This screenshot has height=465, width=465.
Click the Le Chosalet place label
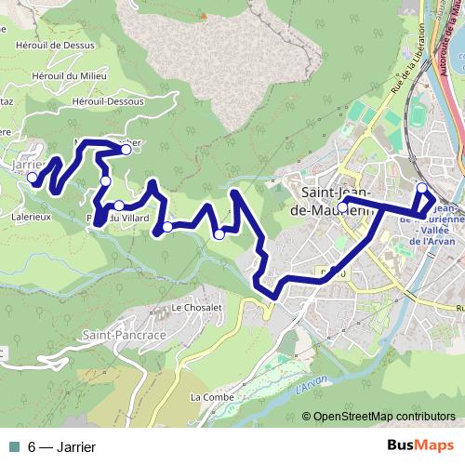(197, 307)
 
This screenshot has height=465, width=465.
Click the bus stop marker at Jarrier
(32, 178)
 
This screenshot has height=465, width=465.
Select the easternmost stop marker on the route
(421, 189)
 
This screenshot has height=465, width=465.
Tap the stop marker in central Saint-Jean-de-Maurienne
(344, 202)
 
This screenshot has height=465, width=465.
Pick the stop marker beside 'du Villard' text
(119, 206)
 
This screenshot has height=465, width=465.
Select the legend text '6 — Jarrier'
(61, 446)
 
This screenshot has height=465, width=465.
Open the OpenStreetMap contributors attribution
(383, 417)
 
